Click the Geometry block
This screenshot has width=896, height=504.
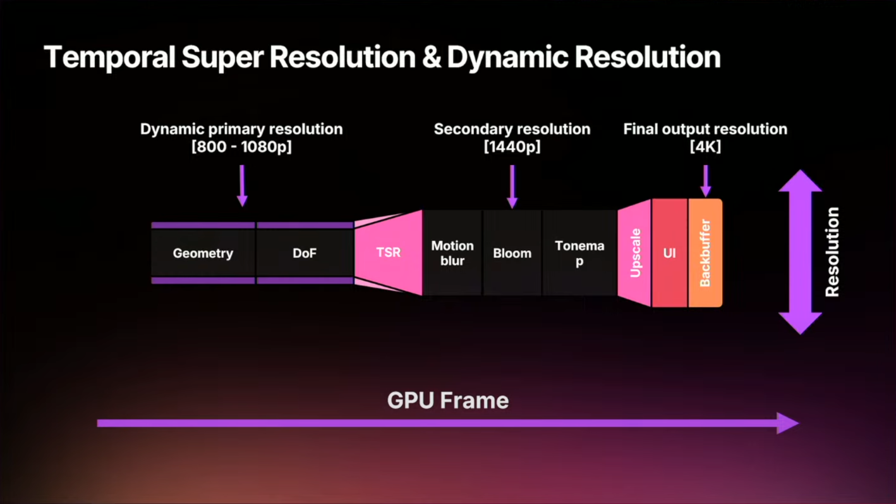pyautogui.click(x=203, y=253)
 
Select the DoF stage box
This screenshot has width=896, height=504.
pyautogui.click(x=305, y=253)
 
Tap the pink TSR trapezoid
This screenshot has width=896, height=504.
pyautogui.click(x=389, y=253)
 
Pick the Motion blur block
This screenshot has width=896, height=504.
pyautogui.click(x=452, y=253)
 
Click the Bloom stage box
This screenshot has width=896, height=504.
pyautogui.click(x=512, y=253)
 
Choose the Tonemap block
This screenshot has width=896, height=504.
pyautogui.click(x=579, y=253)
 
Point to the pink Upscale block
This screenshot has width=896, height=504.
pyautogui.click(x=635, y=253)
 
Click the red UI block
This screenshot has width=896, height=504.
pyautogui.click(x=670, y=253)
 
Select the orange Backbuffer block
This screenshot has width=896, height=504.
pyautogui.click(x=705, y=253)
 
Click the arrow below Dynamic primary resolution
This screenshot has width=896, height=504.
pyautogui.click(x=242, y=185)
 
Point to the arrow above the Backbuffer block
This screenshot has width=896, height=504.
pyautogui.click(x=706, y=180)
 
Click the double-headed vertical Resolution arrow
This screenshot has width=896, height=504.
pyautogui.click(x=800, y=252)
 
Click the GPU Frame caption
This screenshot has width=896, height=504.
pyautogui.click(x=448, y=400)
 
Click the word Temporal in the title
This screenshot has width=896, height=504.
pyautogui.click(x=109, y=58)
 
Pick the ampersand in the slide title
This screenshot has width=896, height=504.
pyautogui.click(x=430, y=58)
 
